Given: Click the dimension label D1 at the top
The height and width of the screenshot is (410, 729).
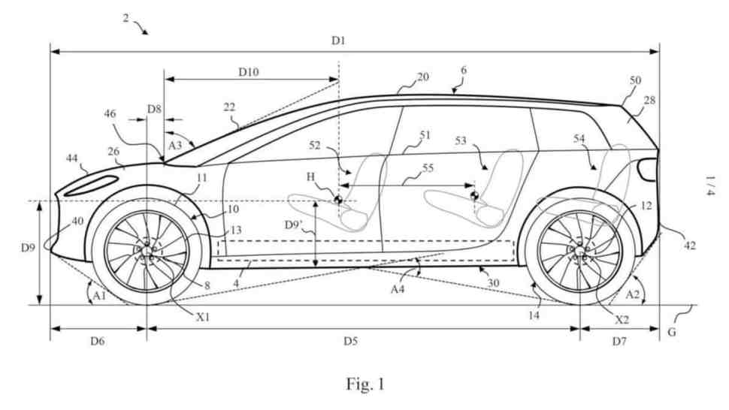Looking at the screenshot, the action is (338, 41).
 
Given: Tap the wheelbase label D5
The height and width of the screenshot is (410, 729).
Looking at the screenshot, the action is (350, 341).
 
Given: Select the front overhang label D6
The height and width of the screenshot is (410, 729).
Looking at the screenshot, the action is (97, 341).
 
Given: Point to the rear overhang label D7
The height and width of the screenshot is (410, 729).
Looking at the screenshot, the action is (619, 342).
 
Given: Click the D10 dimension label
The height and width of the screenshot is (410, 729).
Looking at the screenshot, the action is (249, 72).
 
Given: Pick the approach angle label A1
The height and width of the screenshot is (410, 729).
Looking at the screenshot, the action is (99, 295).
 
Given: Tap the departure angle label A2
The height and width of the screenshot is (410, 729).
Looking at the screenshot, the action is (632, 294).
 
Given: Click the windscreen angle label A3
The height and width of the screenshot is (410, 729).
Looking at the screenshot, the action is (175, 146).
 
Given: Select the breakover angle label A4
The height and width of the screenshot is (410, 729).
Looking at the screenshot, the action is (398, 289).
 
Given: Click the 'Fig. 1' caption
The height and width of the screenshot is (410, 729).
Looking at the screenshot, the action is (365, 384).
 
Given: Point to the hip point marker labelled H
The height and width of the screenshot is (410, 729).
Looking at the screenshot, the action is (338, 200).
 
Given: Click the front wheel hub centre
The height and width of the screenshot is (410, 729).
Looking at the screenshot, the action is (147, 252).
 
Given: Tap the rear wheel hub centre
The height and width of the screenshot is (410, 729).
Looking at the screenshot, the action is (580, 251).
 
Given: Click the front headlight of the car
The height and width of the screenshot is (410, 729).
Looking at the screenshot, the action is (91, 185).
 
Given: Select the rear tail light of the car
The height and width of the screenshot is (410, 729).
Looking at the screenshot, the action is (648, 169).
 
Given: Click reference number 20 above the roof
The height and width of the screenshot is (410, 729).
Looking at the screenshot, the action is (422, 77).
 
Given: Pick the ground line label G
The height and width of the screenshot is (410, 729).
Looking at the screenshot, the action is (672, 333).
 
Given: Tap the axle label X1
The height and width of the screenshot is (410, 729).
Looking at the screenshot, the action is (203, 317).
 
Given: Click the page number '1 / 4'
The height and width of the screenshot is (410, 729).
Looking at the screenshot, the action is (709, 185).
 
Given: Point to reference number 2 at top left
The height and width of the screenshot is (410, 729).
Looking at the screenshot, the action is (126, 18).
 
